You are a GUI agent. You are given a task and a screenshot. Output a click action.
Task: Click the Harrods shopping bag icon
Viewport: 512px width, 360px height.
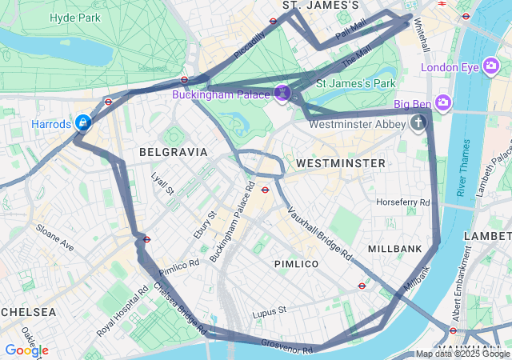[x=82, y=122]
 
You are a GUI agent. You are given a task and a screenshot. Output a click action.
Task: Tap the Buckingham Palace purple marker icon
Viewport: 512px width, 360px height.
[x=282, y=94]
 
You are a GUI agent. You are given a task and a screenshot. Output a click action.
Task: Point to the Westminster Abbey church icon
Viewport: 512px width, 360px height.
[x=417, y=123]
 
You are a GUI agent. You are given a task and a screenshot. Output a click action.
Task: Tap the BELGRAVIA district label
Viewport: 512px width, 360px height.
[x=173, y=151]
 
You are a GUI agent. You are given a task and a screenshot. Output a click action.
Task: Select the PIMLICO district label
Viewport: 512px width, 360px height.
[x=296, y=263]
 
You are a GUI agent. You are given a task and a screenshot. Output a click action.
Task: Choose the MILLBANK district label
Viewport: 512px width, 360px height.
[x=394, y=249]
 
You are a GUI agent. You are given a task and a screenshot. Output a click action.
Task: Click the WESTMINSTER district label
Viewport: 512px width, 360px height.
[x=340, y=162]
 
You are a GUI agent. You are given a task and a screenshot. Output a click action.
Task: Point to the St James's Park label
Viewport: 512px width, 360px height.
[x=356, y=82]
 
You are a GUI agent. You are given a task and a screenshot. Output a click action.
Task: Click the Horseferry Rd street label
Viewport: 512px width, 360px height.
[x=403, y=202]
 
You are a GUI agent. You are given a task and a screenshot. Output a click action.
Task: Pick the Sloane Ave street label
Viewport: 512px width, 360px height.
[x=54, y=238]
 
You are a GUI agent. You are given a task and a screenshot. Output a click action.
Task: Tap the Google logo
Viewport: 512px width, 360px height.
[x=26, y=350]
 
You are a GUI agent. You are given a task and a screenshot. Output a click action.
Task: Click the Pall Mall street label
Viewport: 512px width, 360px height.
[x=350, y=29]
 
